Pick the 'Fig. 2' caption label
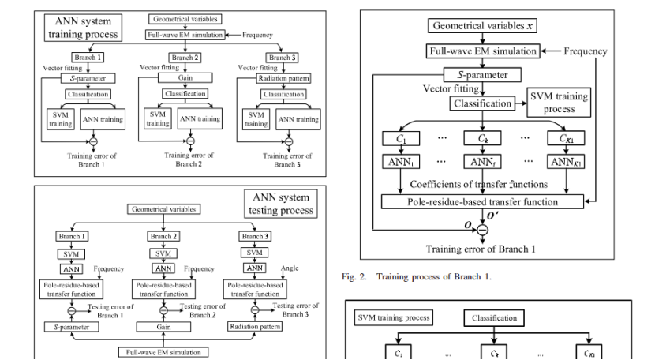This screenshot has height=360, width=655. [x=357, y=276]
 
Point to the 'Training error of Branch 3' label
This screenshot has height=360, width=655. [x=287, y=159]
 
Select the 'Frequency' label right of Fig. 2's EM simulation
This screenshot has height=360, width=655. [x=585, y=51]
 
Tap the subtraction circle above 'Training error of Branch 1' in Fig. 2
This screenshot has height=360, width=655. [x=483, y=229]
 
